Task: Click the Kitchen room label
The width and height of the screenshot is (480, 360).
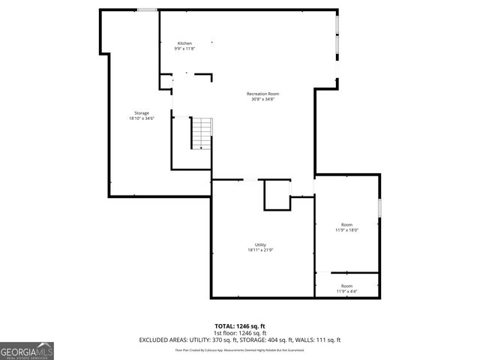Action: (x=184, y=43)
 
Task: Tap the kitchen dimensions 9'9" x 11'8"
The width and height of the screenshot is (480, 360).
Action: (x=184, y=49)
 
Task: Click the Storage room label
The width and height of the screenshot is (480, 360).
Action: (x=142, y=113)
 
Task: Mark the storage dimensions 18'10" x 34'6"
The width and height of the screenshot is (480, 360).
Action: (x=142, y=118)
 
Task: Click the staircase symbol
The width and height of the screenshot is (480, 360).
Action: (x=200, y=133)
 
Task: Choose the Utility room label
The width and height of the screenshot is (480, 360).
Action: (x=260, y=244)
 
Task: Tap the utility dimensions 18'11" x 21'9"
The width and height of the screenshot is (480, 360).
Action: (x=260, y=250)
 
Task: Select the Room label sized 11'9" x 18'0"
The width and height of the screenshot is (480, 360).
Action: (x=346, y=225)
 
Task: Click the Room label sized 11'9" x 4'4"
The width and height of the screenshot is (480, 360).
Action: (x=346, y=286)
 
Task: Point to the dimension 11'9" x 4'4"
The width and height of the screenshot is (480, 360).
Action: (x=346, y=291)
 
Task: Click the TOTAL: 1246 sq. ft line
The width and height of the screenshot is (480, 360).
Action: (x=240, y=326)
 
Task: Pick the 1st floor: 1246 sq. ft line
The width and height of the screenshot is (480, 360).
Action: (x=240, y=333)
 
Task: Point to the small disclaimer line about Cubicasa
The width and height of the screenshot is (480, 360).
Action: (x=240, y=349)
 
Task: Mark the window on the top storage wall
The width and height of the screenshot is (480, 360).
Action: (x=147, y=10)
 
